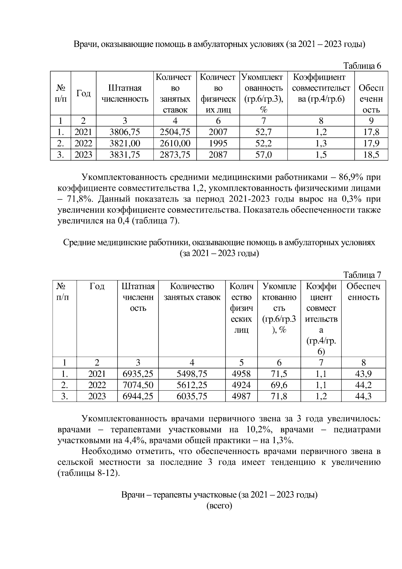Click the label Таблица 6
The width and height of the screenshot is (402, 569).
point(362,66)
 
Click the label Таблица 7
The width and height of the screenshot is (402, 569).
point(362,275)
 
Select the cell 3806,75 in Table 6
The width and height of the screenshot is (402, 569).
point(125,132)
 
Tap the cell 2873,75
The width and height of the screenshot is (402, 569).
point(175,155)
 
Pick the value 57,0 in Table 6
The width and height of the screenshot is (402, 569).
point(263,155)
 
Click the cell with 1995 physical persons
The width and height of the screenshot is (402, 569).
point(218,144)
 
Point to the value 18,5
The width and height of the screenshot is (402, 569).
point(371,155)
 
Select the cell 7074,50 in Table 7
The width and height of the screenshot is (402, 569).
point(138,385)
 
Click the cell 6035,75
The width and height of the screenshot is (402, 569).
point(192,396)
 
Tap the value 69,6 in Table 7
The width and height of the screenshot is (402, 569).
point(279,385)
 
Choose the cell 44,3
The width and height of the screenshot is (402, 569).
point(363,396)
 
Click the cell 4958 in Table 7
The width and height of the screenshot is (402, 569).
point(241,374)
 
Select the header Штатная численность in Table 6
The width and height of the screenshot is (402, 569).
point(125,94)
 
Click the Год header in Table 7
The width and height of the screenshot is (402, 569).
point(97,286)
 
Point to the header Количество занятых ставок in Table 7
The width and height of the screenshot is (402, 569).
point(192,292)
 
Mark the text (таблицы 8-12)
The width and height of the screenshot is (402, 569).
point(88,473)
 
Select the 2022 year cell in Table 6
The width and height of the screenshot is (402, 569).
point(83,144)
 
